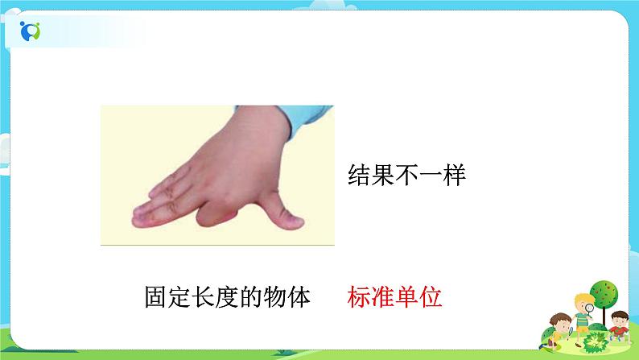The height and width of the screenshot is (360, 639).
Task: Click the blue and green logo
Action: click(31, 31)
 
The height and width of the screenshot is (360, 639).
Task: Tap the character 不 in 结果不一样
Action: click(406, 175)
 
